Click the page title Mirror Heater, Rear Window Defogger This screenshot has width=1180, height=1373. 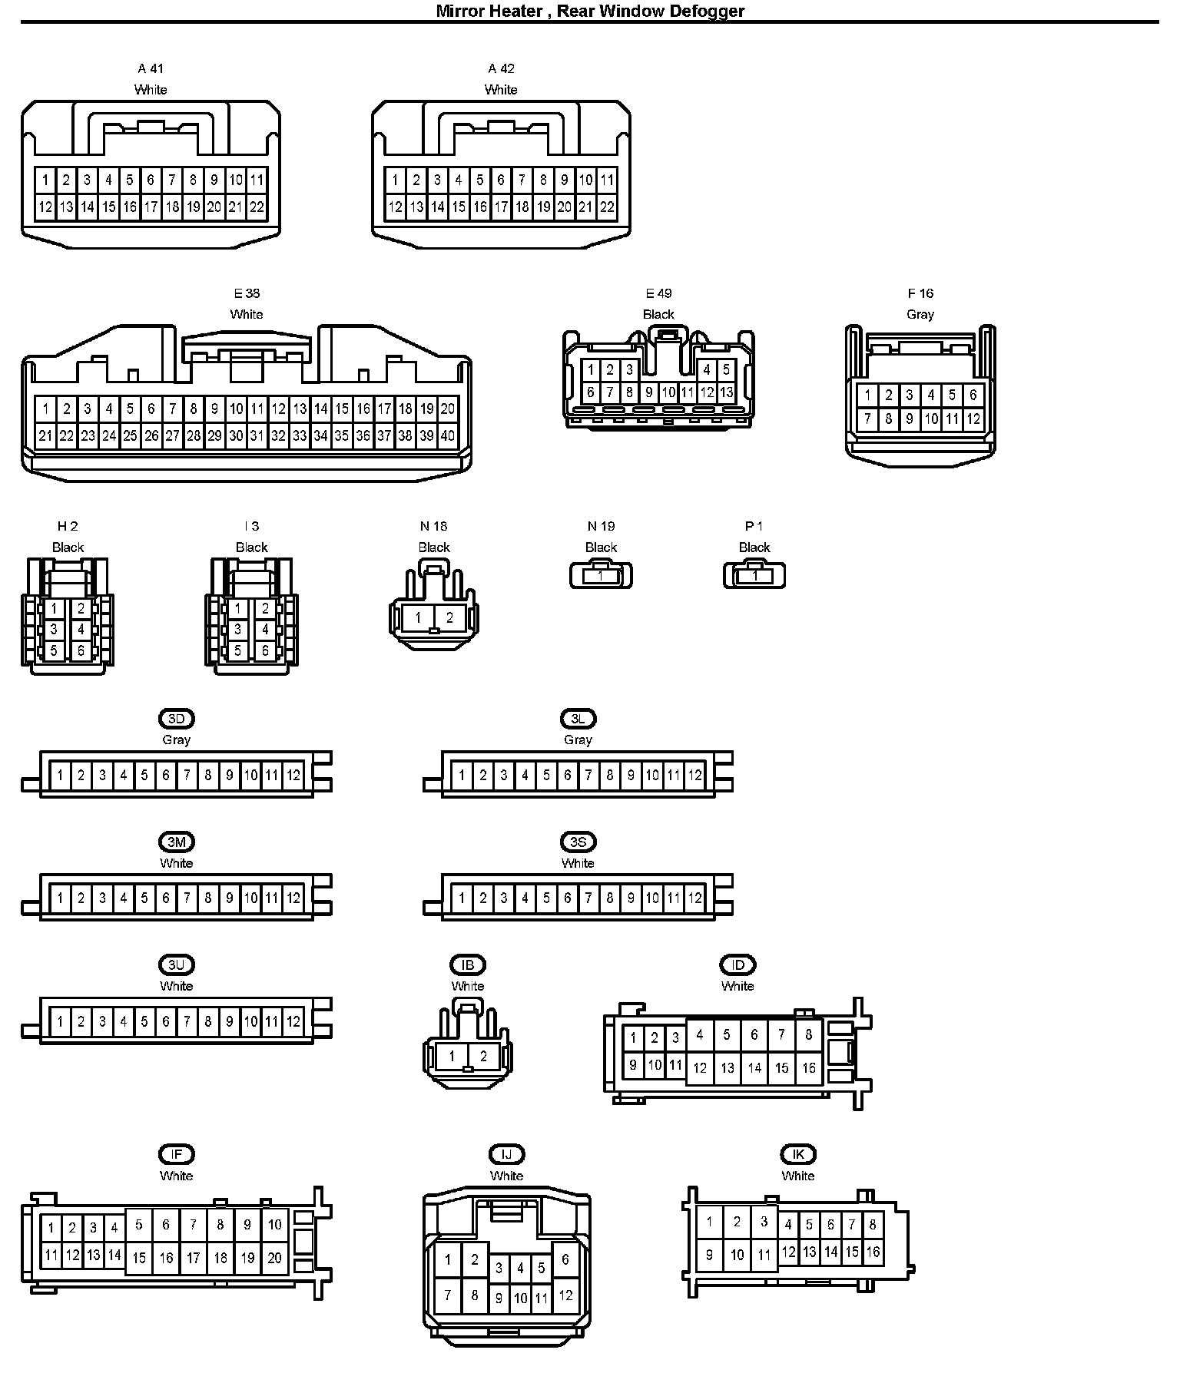[x=590, y=11]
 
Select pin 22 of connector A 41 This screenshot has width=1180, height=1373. [x=257, y=207]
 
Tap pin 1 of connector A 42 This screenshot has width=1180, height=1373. [x=395, y=180]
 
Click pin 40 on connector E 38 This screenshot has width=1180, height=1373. [x=447, y=436]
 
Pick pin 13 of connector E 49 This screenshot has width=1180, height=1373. [x=726, y=392]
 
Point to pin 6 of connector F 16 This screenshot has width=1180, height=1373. [x=973, y=395]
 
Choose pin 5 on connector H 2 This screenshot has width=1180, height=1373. [x=54, y=650]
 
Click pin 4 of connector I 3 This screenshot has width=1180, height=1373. [x=265, y=630]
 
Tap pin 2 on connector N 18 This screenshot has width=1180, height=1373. [x=449, y=617]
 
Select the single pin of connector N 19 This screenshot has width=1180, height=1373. [x=601, y=575]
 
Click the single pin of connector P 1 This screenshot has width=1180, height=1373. [x=754, y=575]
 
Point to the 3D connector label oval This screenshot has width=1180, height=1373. [x=176, y=719]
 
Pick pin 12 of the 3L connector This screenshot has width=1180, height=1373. [x=694, y=775]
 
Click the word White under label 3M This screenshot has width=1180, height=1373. [x=176, y=863]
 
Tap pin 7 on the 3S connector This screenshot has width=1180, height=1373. [x=588, y=898]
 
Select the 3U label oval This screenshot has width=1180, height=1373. [x=176, y=964]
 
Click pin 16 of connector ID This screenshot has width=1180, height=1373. [x=808, y=1068]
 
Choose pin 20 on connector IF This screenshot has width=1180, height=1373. [x=274, y=1258]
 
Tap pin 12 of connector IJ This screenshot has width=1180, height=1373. [x=565, y=1295]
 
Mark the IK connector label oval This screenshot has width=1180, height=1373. [x=798, y=1154]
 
